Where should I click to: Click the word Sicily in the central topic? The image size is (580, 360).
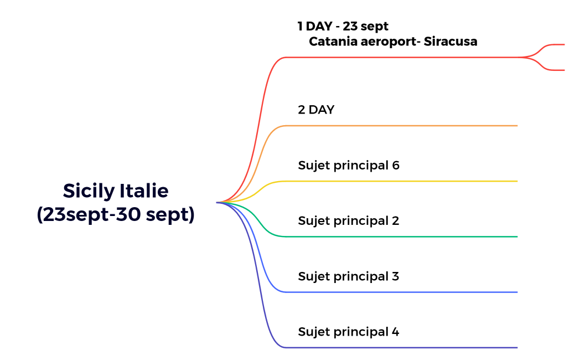pyautogui.click(x=89, y=191)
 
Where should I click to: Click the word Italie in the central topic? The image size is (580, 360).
pyautogui.click(x=144, y=191)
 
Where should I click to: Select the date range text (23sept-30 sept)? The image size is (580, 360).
pyautogui.click(x=116, y=215)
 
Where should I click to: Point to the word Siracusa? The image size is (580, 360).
pyautogui.click(x=450, y=42)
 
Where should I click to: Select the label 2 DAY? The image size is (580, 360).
pyautogui.click(x=316, y=110)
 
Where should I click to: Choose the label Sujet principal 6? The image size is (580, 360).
pyautogui.click(x=349, y=165)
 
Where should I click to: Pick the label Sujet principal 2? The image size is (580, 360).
pyautogui.click(x=349, y=220)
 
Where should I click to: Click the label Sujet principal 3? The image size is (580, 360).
pyautogui.click(x=349, y=276)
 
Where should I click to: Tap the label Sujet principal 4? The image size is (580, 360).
pyautogui.click(x=349, y=332)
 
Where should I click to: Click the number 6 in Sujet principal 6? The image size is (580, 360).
pyautogui.click(x=395, y=165)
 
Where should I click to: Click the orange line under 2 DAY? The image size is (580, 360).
pyautogui.click(x=398, y=126)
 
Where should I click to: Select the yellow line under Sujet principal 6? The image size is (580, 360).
pyautogui.click(x=398, y=181)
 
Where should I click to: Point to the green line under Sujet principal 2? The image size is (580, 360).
pyautogui.click(x=398, y=236)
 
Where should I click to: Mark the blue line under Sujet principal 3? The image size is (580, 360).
pyautogui.click(x=398, y=292)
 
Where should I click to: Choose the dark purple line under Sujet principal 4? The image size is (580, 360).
pyautogui.click(x=398, y=347)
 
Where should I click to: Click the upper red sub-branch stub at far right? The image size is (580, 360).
pyautogui.click(x=555, y=44)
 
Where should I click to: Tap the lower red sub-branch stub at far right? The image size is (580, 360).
pyautogui.click(x=555, y=70)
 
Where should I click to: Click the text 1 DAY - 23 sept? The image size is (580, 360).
pyautogui.click(x=343, y=26)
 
